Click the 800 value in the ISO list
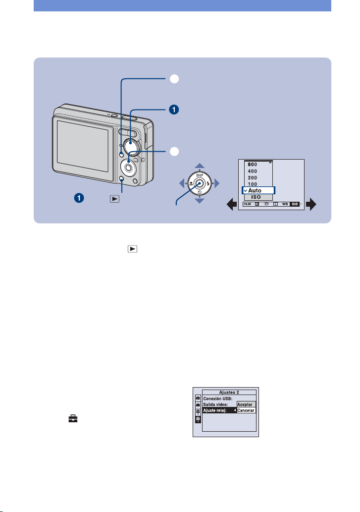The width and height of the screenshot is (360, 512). (x=253, y=165)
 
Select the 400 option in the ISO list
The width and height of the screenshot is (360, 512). (x=253, y=171)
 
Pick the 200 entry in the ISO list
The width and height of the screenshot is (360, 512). (x=253, y=177)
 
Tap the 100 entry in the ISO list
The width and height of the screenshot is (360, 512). (x=253, y=184)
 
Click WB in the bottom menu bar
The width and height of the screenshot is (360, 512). (x=285, y=204)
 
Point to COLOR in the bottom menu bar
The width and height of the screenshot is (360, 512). (x=247, y=204)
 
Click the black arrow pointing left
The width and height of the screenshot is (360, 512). (x=232, y=205)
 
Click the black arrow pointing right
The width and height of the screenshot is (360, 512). (x=311, y=204)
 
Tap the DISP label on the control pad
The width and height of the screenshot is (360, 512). (x=200, y=175)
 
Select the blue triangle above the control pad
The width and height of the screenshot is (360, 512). (x=200, y=166)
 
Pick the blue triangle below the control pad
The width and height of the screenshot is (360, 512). (x=200, y=201)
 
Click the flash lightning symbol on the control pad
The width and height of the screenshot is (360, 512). (x=207, y=183)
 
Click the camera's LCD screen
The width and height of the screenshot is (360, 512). (x=83, y=146)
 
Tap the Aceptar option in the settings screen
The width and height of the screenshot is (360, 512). (x=245, y=404)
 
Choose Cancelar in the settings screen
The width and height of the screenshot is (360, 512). (x=246, y=410)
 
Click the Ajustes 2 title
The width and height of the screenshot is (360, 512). (x=229, y=392)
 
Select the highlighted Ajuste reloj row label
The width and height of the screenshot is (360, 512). (x=214, y=410)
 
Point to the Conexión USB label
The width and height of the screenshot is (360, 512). (x=217, y=398)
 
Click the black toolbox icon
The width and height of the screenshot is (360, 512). (x=73, y=419)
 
